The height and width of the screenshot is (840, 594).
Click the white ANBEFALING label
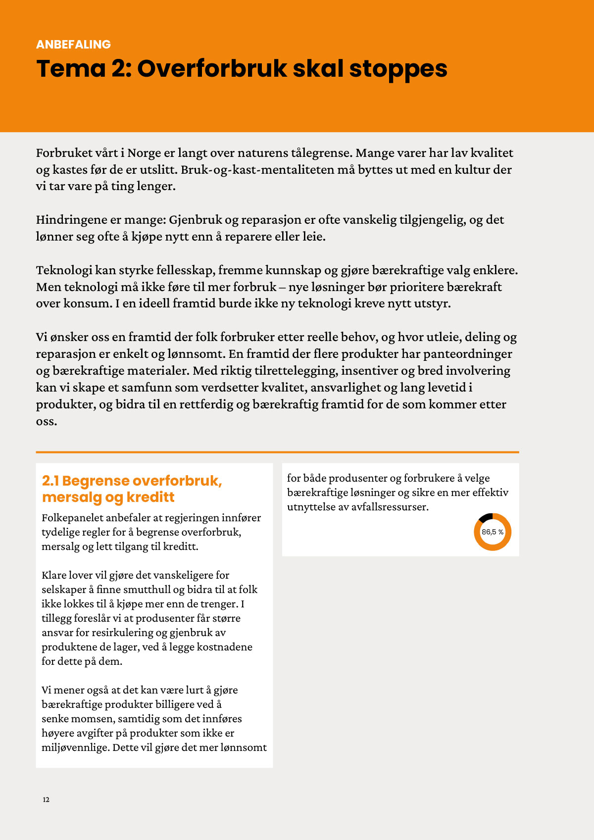73,45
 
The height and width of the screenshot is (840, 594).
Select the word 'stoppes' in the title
398,69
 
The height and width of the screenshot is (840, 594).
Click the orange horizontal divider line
277,452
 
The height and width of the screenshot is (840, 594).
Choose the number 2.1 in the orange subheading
50,481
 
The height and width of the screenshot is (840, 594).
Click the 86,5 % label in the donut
493,532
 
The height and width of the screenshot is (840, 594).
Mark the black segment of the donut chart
486,517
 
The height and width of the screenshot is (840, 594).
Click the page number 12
46,800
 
